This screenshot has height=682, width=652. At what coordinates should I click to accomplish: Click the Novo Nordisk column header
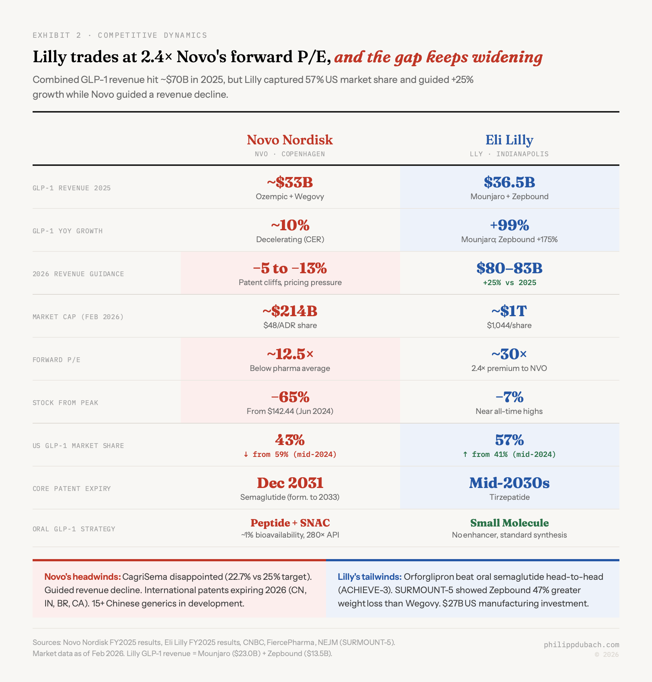[x=290, y=140]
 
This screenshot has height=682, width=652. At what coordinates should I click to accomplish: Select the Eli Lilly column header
[x=509, y=140]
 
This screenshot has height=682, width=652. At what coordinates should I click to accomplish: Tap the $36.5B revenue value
[x=509, y=182]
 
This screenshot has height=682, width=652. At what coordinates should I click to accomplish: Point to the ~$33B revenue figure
[x=290, y=182]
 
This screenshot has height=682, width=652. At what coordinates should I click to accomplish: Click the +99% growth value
[x=509, y=225]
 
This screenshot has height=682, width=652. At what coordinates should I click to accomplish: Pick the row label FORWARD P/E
[x=56, y=360]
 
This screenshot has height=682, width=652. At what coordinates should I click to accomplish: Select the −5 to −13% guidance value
[x=290, y=268]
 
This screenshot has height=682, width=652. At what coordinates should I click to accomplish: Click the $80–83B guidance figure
[x=509, y=268]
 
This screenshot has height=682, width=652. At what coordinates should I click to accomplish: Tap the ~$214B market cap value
[x=290, y=311]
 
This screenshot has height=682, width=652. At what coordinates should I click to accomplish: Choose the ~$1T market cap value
[x=509, y=311]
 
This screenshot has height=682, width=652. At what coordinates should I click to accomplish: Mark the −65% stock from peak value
[x=290, y=397]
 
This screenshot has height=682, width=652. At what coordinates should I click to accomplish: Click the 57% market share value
[x=509, y=440]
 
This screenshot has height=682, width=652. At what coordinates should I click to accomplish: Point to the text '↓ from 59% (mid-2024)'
[x=290, y=454]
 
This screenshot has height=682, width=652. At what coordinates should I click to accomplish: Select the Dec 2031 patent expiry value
[x=290, y=483]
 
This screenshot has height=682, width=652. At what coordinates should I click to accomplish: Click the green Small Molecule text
[x=509, y=523]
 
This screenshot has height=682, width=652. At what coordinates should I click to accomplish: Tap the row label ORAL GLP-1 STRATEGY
[x=74, y=529]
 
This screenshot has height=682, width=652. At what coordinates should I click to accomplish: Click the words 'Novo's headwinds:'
[x=82, y=577]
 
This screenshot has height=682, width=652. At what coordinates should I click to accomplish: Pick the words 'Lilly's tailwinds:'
[x=369, y=577]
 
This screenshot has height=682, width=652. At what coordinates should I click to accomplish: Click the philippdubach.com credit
[x=581, y=645]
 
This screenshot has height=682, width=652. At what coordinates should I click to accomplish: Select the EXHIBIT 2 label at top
[x=57, y=35]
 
